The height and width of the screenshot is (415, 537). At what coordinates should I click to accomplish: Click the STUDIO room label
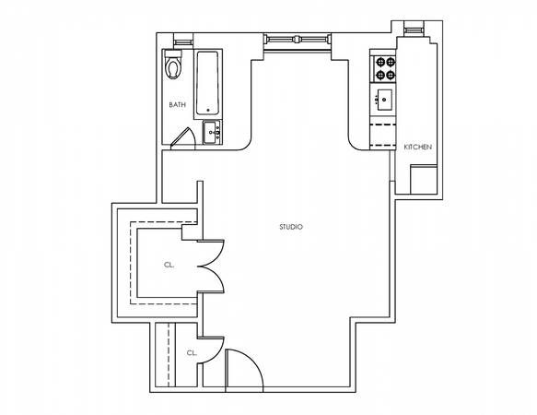(291, 227)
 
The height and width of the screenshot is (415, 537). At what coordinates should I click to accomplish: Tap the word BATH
(177, 104)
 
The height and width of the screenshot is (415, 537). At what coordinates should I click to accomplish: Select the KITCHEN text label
(418, 148)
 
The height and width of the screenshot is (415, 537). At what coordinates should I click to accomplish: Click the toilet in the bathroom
(173, 67)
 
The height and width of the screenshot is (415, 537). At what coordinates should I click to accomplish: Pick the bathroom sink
(213, 133)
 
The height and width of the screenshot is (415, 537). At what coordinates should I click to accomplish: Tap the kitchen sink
(383, 99)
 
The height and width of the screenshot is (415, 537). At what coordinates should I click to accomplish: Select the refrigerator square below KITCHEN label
(424, 177)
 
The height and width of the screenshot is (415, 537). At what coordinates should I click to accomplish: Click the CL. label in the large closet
(169, 264)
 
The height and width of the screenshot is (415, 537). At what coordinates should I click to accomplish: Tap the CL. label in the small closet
(192, 352)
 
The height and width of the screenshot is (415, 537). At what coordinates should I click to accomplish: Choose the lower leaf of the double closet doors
(212, 280)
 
